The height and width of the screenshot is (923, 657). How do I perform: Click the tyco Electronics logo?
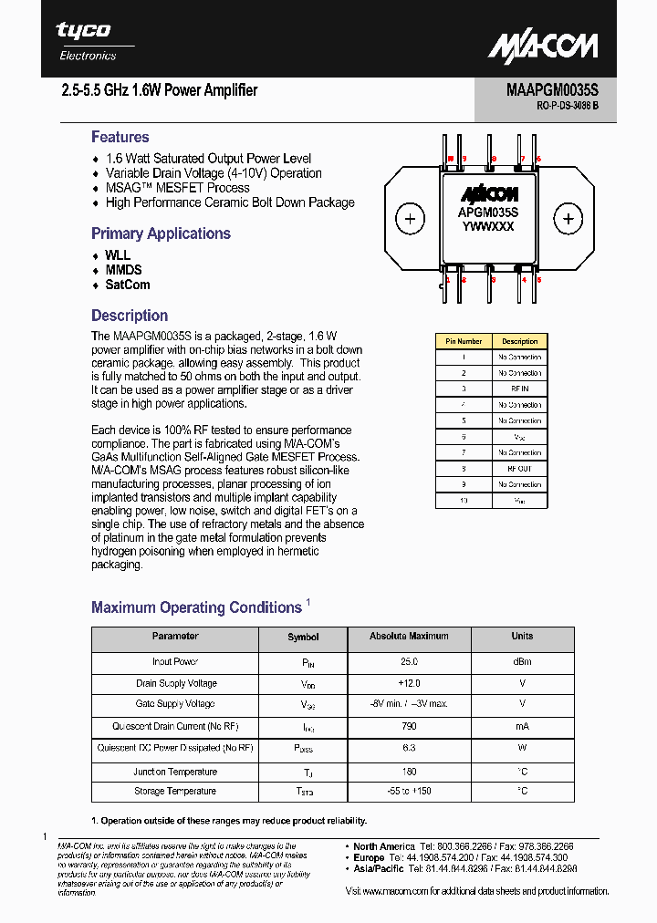pyautogui.click(x=86, y=41)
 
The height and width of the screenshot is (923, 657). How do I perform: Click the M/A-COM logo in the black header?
pyautogui.click(x=542, y=46)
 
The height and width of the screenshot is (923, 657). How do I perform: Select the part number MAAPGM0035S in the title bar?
pyautogui.click(x=552, y=90)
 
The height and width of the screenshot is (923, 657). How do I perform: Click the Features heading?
pyautogui.click(x=120, y=138)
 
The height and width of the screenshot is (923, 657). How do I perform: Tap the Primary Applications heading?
pyautogui.click(x=161, y=233)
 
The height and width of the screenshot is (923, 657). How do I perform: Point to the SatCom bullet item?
pyautogui.click(x=127, y=285)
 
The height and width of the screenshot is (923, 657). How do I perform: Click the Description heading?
pyautogui.click(x=130, y=316)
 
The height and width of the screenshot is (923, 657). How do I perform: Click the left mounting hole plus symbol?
pyautogui.click(x=410, y=219)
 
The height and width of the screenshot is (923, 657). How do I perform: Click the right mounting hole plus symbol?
pyautogui.click(x=568, y=219)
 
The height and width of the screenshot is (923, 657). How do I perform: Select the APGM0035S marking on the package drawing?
pyautogui.click(x=488, y=212)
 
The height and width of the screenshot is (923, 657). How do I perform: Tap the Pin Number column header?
pyautogui.click(x=464, y=341)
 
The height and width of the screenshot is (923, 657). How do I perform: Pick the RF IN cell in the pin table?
pyautogui.click(x=519, y=389)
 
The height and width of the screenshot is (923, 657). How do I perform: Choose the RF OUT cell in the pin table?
pyautogui.click(x=519, y=468)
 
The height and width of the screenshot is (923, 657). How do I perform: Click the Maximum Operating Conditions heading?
pyautogui.click(x=196, y=607)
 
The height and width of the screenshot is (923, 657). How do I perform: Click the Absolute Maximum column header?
pyautogui.click(x=409, y=637)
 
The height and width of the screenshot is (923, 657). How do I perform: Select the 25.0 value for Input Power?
pyautogui.click(x=409, y=662)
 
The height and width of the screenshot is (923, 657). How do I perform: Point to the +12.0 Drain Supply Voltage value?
pyautogui.click(x=409, y=683)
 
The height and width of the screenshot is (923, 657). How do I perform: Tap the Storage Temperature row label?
pyautogui.click(x=175, y=791)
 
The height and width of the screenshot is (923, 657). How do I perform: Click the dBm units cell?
pyautogui.click(x=522, y=662)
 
